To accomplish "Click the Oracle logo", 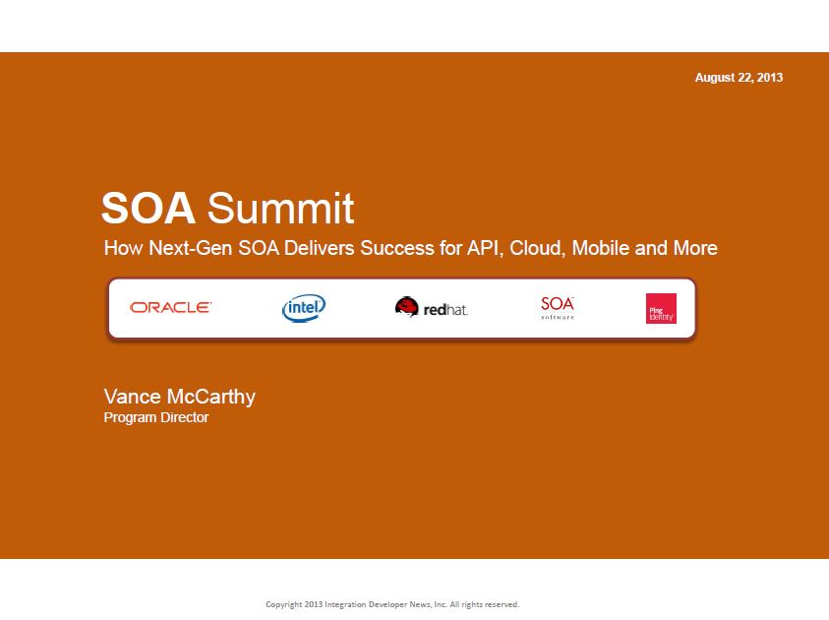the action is point(170,307).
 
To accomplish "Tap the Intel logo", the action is point(304,308).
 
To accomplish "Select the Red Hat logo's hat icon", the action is point(406,306).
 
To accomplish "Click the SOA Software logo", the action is point(558,307).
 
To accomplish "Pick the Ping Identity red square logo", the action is point(661,308).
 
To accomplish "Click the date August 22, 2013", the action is point(739,78).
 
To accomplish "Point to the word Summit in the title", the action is point(280,209).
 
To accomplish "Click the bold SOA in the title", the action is point(148,209).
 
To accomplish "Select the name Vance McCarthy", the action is point(179,397).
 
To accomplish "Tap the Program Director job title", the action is point(156,417).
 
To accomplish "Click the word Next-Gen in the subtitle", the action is point(191,248).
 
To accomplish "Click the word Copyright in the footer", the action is point(284,604).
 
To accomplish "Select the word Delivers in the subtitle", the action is point(320,248).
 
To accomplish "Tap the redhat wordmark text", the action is point(445,309).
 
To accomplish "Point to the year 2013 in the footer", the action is point(314,604).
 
